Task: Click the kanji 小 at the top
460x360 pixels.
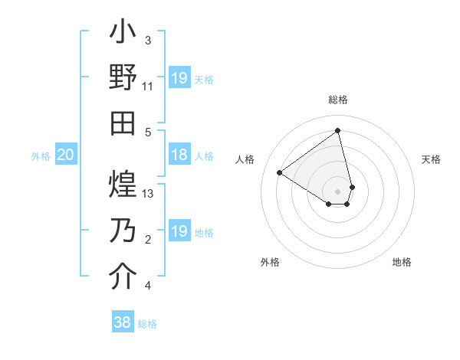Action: (x=123, y=33)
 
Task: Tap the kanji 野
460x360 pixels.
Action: (x=123, y=77)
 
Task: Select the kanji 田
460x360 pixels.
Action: (x=123, y=123)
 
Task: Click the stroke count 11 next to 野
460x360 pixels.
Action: (x=148, y=87)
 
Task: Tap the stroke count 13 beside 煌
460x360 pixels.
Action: (x=148, y=194)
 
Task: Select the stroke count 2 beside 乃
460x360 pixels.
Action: (x=148, y=240)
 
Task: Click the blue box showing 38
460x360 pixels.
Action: (x=123, y=322)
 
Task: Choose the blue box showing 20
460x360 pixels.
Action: (x=65, y=155)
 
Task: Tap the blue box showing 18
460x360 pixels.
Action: (x=179, y=155)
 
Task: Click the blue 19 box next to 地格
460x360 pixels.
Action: (x=179, y=231)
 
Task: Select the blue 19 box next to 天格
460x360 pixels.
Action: (x=179, y=78)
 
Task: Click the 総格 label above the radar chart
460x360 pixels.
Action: (x=338, y=100)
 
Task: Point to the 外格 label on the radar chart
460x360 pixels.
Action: (x=270, y=262)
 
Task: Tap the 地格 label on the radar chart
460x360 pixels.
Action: (x=402, y=262)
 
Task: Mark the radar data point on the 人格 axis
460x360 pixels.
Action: (x=280, y=172)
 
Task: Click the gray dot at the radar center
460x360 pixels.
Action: (x=338, y=191)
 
